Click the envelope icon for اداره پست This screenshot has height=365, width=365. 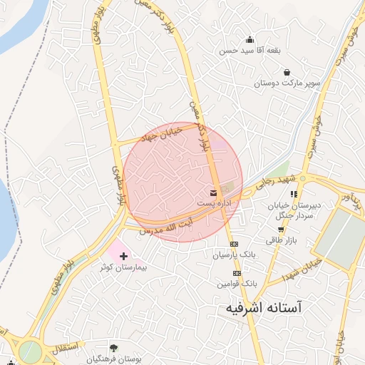[213, 193]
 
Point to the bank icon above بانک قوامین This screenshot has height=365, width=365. [237, 272]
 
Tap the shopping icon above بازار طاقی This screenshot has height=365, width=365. [281, 230]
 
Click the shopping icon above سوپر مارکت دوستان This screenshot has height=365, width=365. [287, 72]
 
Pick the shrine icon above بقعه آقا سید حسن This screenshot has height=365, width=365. [250, 40]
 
